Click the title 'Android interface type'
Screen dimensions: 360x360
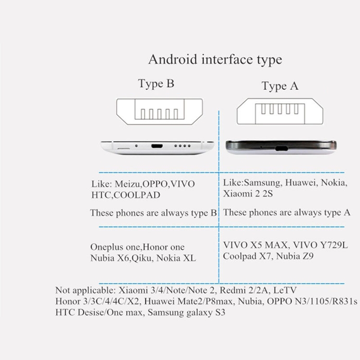215,60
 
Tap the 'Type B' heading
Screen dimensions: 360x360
156,84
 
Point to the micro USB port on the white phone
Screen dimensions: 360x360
157,144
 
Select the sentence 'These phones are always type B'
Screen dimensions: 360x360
154,213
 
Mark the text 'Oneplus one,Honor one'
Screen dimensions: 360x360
137,247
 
